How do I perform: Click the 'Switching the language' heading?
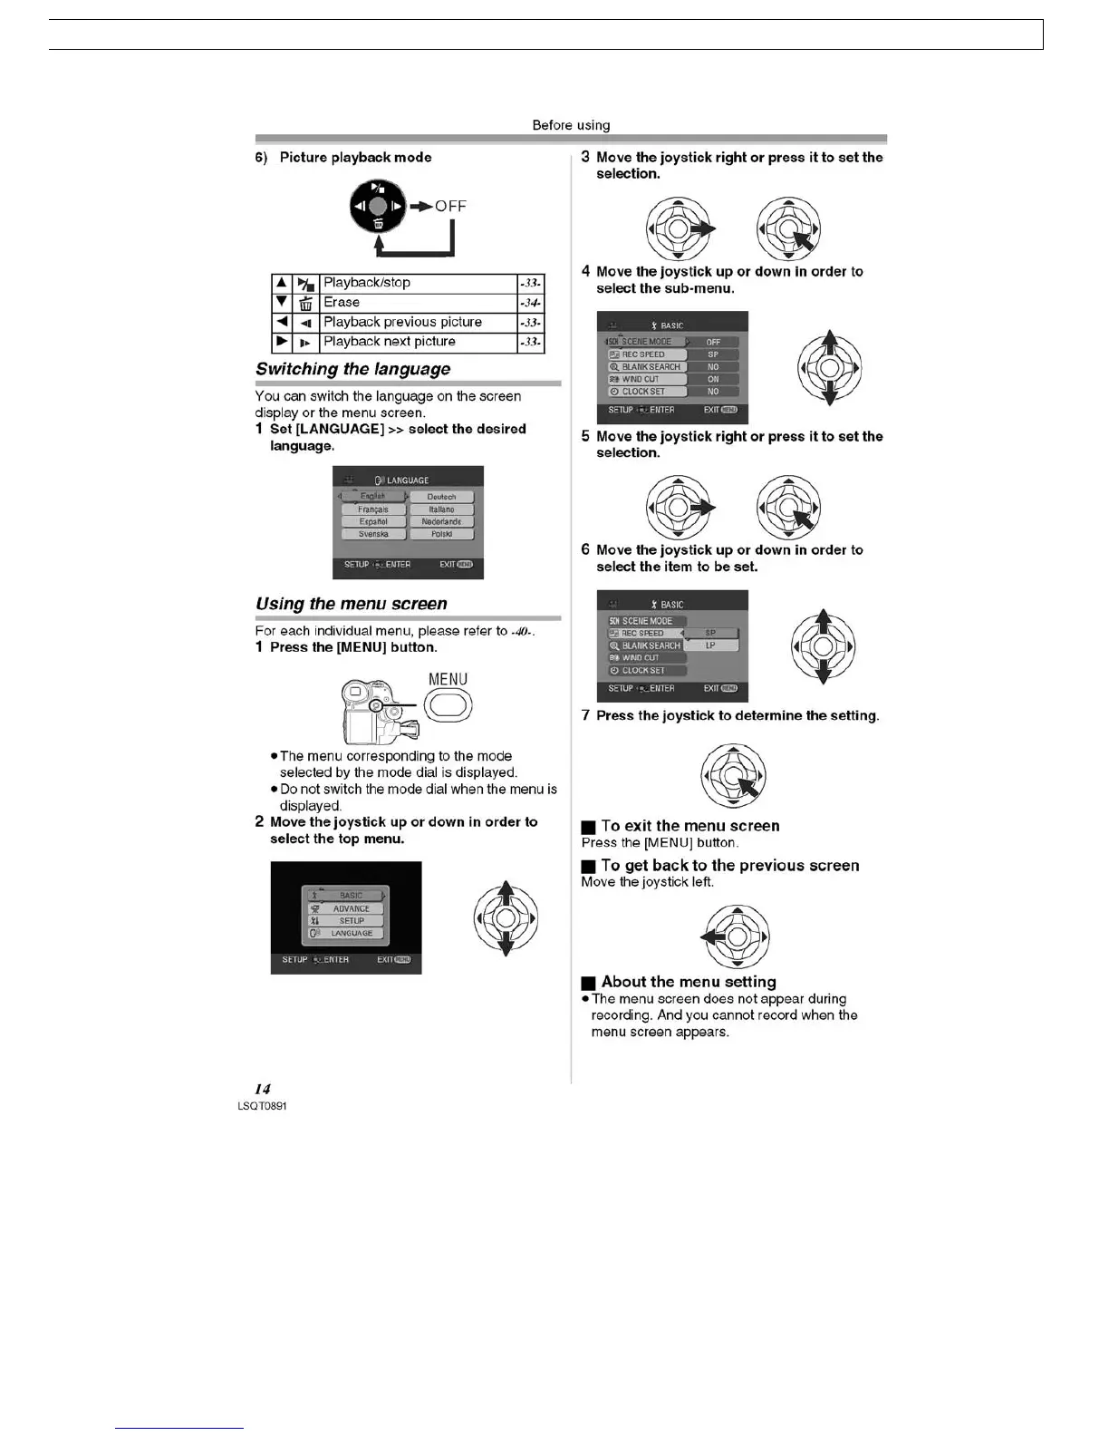coord(352,369)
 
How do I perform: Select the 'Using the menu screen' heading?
coord(351,604)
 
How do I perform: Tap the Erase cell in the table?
coord(342,303)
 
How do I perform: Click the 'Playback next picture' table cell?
coord(390,342)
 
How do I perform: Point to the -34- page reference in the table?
coord(531,303)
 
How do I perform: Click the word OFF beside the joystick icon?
coord(450,207)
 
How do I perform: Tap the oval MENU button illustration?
coord(448,704)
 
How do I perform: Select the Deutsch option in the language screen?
coord(441,497)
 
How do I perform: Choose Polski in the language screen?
coord(441,534)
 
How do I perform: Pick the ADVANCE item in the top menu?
coord(351,908)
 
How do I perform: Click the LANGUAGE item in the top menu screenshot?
coord(351,933)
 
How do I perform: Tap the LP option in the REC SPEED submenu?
coord(710,645)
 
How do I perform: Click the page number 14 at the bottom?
coord(262,1089)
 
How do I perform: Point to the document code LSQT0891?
coord(262,1106)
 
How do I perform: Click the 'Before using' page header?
coord(571,125)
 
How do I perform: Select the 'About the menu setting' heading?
coord(689,982)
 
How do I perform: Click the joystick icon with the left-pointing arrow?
coord(735,937)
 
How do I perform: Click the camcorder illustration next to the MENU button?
coord(376,712)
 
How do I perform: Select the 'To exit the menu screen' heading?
coord(690,826)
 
